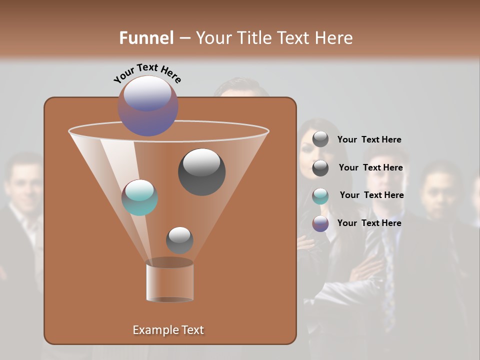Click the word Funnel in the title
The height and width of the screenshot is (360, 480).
pos(146,38)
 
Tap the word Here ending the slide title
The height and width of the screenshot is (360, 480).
pos(334,38)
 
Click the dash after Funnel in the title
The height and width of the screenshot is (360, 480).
pos(184,38)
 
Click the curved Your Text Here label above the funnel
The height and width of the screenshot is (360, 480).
pos(147,73)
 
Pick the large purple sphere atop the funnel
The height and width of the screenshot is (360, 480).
pos(148,105)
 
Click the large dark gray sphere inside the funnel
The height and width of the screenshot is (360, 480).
pos(201,171)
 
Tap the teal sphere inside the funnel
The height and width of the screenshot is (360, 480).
pos(139,197)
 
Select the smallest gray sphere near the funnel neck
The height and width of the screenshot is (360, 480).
pos(179,240)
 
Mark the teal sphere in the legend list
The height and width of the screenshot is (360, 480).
pos(320,196)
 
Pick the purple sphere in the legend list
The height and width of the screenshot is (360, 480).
pos(320,223)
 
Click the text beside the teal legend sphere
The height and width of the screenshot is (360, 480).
pos(371,195)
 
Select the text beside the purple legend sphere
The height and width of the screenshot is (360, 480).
pos(369,223)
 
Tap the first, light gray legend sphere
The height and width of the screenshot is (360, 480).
pos(320,139)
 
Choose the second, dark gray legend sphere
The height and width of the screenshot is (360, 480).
pos(320,168)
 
